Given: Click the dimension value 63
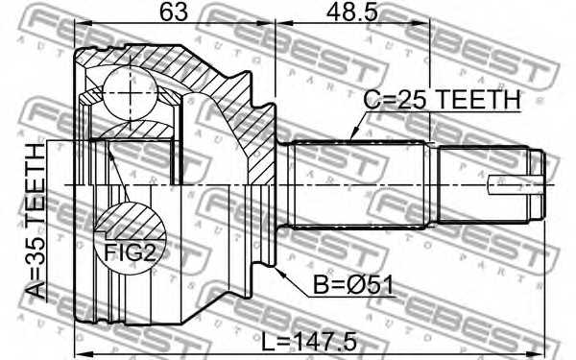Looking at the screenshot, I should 174,14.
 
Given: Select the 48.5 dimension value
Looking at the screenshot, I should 352,14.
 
